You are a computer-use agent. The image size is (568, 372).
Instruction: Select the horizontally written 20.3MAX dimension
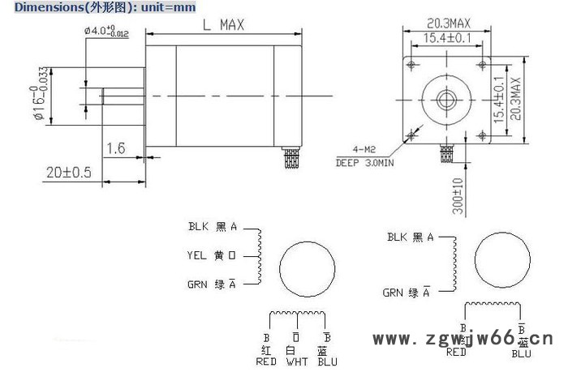(445, 24)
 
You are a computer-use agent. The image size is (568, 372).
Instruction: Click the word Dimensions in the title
(33, 6)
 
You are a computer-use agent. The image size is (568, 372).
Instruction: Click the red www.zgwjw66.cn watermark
(463, 339)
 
